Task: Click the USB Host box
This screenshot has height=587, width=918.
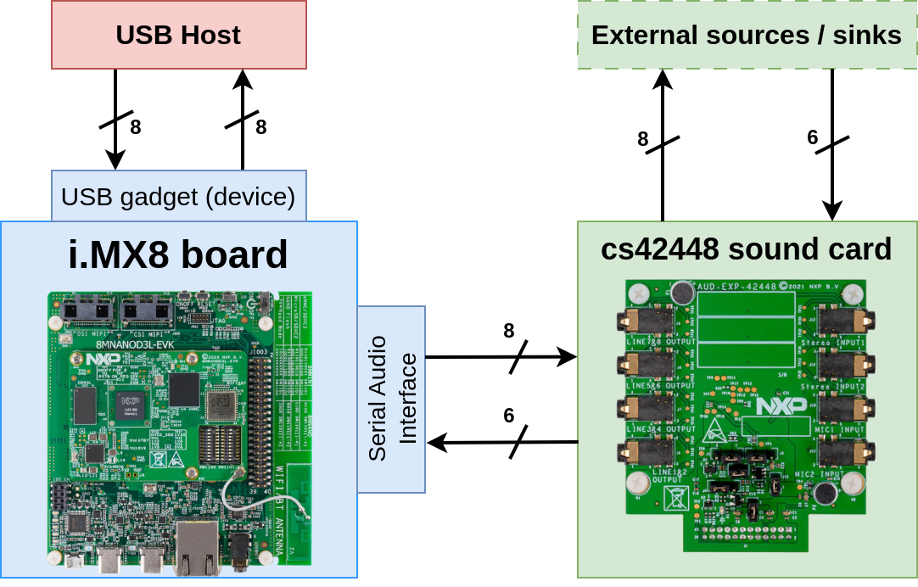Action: click(x=178, y=35)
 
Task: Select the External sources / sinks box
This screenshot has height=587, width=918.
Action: click(x=747, y=35)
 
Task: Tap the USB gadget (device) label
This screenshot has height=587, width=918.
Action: click(x=178, y=197)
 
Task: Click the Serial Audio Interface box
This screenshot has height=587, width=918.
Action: click(x=391, y=399)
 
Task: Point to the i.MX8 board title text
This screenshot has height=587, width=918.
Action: click(x=178, y=254)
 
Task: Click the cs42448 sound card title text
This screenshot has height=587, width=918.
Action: click(x=747, y=249)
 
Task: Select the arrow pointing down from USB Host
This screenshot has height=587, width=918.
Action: click(x=115, y=119)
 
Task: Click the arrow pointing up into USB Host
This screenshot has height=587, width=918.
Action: click(x=243, y=119)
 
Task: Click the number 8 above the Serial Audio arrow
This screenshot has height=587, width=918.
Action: click(x=508, y=331)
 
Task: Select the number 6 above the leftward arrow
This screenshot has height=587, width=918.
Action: click(x=508, y=416)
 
